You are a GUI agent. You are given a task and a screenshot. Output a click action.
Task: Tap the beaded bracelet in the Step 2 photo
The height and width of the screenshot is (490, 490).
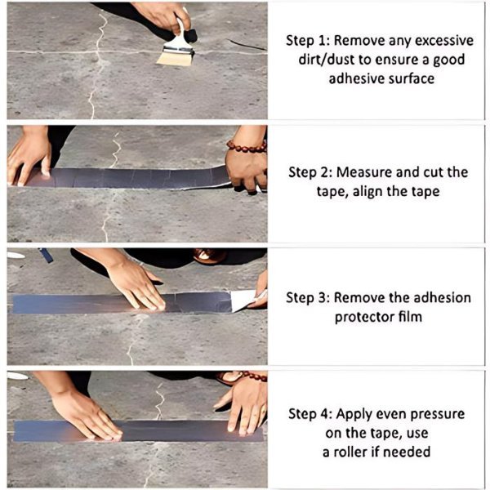tap(247, 147)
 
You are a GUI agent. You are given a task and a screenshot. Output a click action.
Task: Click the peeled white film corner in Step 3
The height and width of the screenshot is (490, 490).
tap(243, 300)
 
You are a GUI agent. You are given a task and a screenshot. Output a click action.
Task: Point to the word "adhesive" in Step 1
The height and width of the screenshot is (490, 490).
tap(356, 78)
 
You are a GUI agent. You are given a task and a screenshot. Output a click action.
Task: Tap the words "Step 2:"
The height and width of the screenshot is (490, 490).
tap(313, 172)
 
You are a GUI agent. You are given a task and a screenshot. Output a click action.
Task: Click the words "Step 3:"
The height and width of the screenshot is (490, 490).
tap(310, 297)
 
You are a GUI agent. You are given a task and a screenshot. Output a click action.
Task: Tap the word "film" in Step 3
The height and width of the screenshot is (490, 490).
tap(412, 317)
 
